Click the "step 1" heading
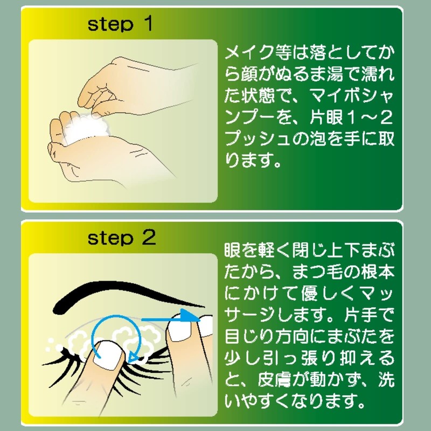120,24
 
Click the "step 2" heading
122,238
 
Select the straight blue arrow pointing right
171,319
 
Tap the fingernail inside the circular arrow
109,354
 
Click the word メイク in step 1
251,52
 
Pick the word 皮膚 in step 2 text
274,380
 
